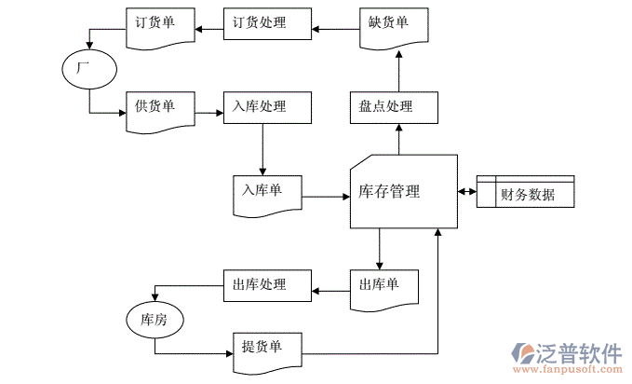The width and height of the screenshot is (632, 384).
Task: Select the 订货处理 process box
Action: tap(266, 23)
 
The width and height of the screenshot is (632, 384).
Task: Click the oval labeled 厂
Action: tap(89, 69)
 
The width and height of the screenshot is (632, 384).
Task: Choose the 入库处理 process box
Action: tap(266, 107)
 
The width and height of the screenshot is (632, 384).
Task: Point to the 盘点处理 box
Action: tap(392, 107)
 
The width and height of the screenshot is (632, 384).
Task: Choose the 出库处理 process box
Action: tap(266, 285)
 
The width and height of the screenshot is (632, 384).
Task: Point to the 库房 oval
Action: tap(155, 320)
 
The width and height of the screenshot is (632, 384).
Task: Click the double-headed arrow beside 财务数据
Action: tap(467, 192)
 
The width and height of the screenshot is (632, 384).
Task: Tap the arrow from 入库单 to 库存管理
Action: tap(327, 197)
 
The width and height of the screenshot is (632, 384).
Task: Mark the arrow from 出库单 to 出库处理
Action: tap(330, 293)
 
